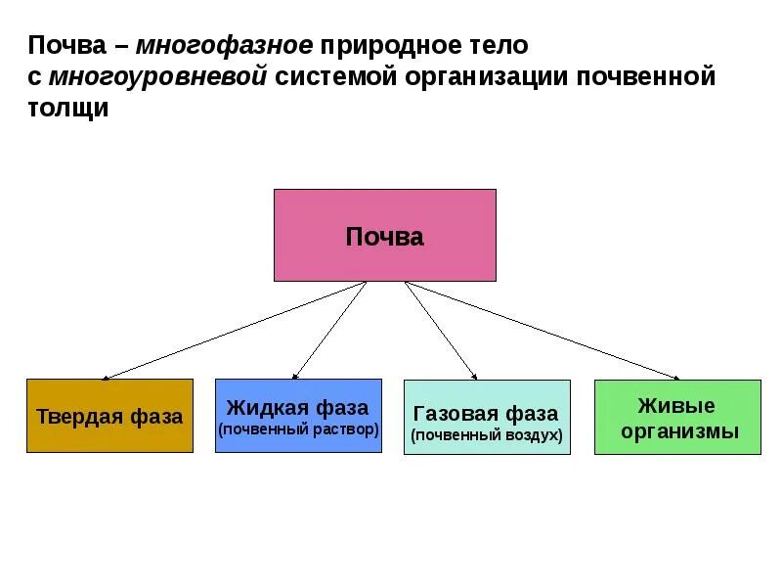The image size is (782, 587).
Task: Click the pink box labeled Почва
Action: click(384, 235)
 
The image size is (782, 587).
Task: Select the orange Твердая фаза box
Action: click(109, 416)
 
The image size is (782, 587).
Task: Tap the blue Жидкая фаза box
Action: click(298, 416)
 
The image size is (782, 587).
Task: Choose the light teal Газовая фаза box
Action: click(487, 417)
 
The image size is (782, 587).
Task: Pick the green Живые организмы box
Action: click(676, 417)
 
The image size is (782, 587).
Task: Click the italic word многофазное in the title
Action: click(225, 46)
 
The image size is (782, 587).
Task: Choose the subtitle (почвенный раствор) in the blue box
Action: click(298, 430)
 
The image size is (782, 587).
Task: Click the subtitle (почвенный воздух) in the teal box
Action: click(487, 435)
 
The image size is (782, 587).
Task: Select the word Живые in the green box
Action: click(676, 405)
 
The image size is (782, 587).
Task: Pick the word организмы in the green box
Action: click(676, 430)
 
